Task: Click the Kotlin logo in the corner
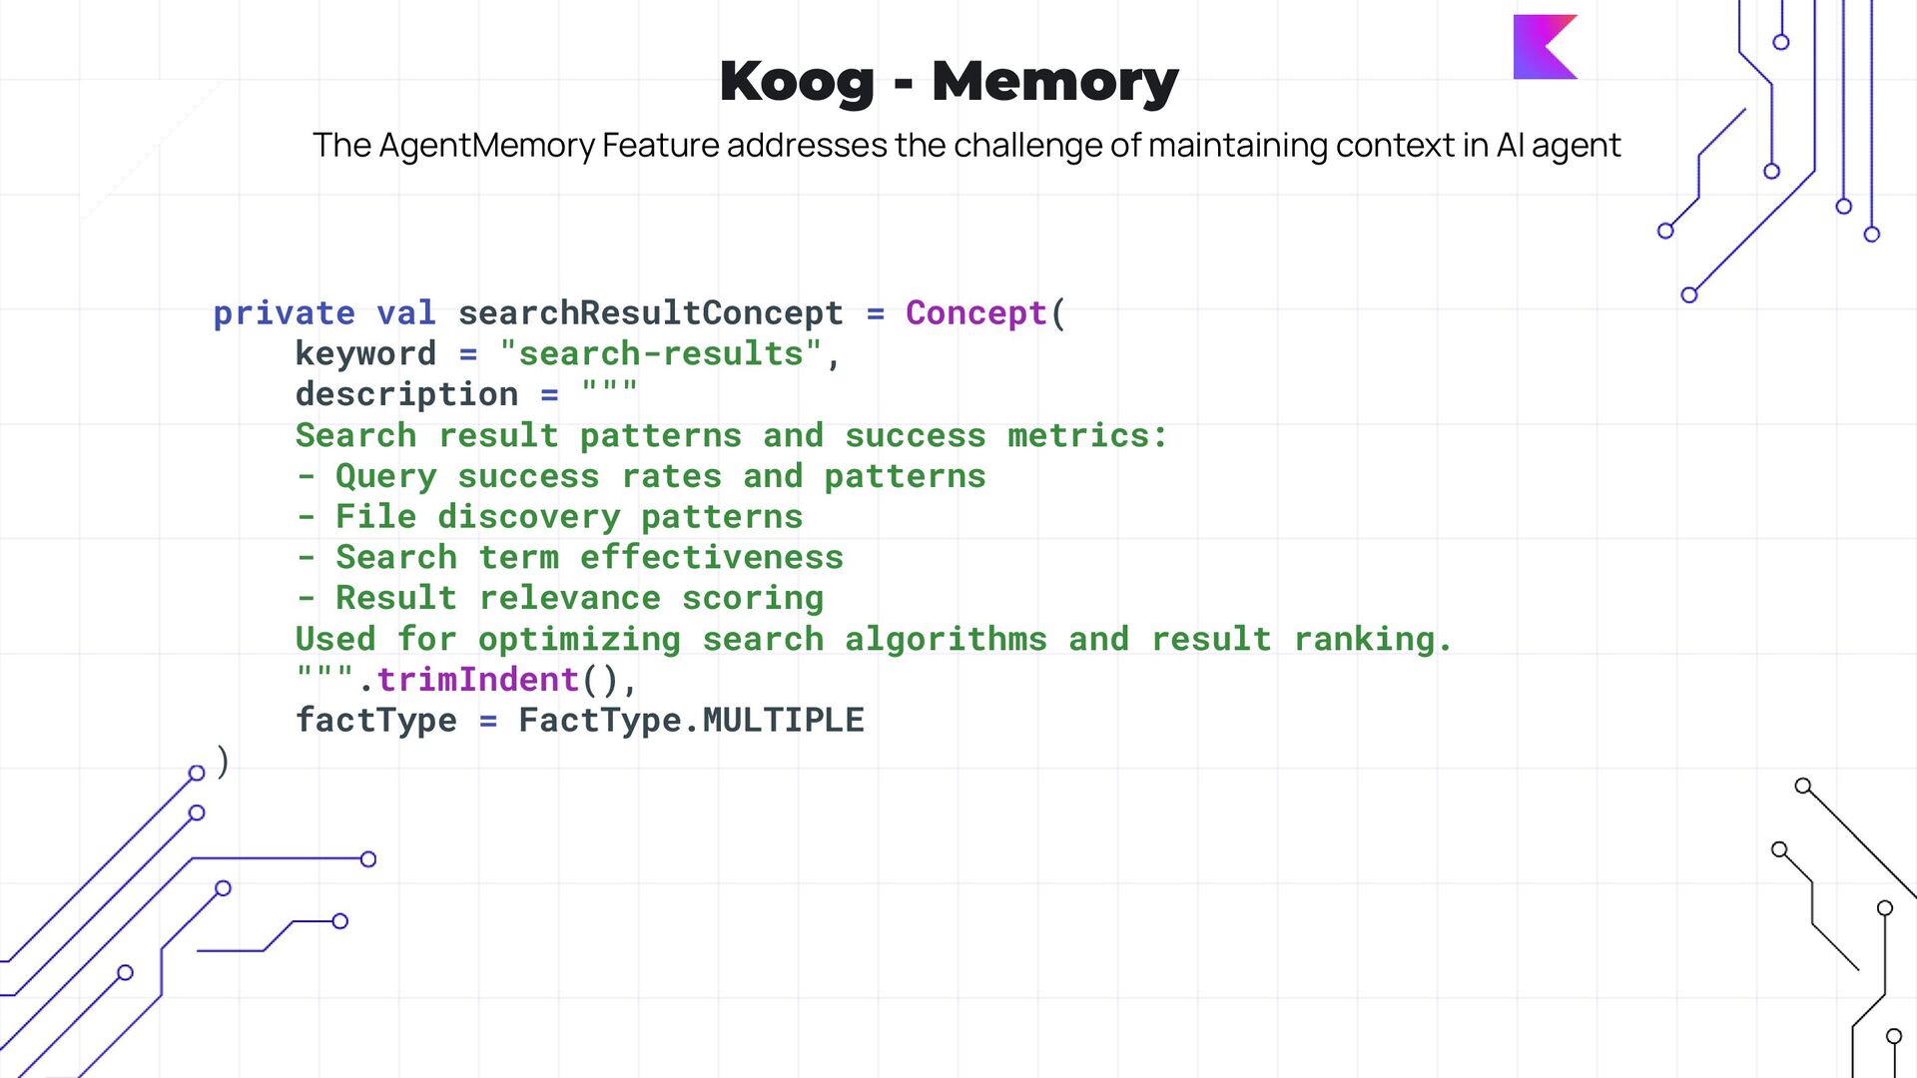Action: [x=1545, y=47]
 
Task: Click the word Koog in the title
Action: [x=797, y=82]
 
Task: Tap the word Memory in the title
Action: [x=1055, y=82]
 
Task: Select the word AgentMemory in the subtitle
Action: [x=487, y=146]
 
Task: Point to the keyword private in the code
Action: [x=284, y=313]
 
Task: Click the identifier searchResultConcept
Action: [x=650, y=313]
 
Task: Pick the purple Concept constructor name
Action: [x=975, y=313]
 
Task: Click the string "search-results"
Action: [x=661, y=354]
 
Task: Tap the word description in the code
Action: [x=406, y=395]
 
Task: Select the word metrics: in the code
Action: [x=1087, y=436]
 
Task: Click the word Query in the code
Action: [x=385, y=477]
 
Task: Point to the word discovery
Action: [x=528, y=517]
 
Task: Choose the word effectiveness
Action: [x=712, y=558]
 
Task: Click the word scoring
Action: [x=753, y=599]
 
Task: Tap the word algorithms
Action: [x=946, y=640]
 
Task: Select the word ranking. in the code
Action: [x=1373, y=640]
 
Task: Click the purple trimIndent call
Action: [x=477, y=681]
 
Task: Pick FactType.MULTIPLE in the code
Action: [x=691, y=721]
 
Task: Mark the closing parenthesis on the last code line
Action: [x=223, y=762]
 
